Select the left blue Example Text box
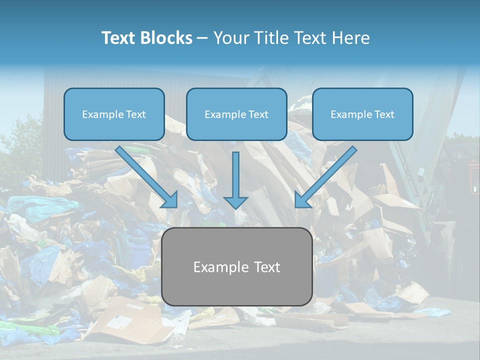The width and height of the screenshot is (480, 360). point(114,114)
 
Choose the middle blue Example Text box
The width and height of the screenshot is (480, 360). point(236,114)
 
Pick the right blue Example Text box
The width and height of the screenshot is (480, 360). point(362,114)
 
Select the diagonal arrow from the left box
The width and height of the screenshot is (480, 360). point(146,177)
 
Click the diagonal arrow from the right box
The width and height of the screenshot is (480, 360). point(325,177)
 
